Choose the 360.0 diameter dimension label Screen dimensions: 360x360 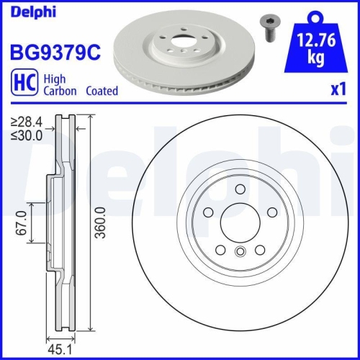point(107,223)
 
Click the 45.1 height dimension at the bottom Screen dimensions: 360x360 point(59,351)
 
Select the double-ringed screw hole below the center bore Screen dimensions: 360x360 point(239,252)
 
